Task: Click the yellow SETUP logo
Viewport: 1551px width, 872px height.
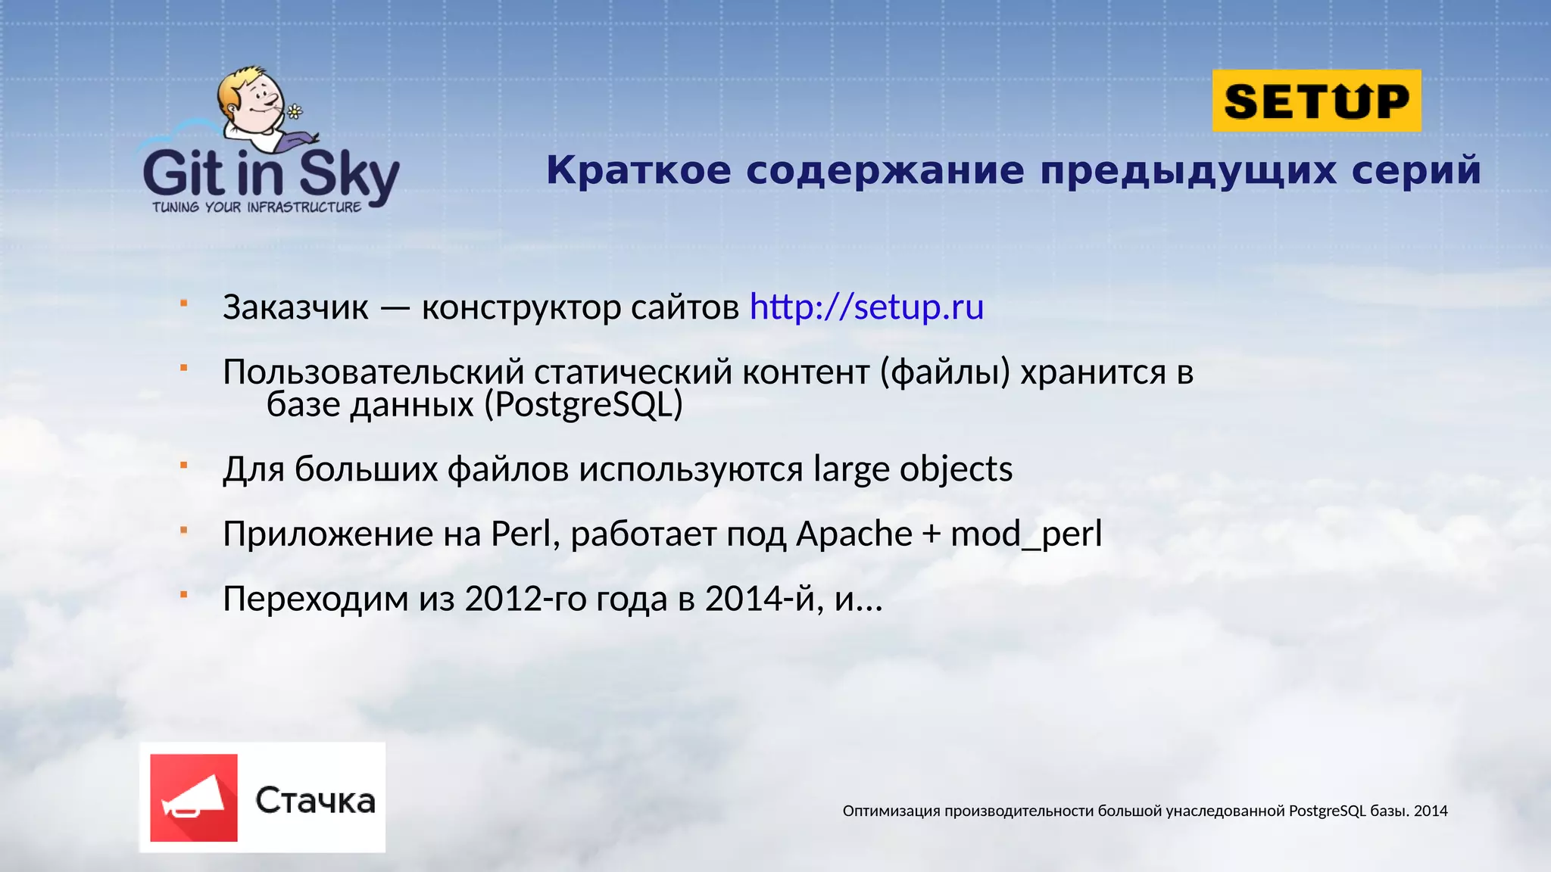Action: (x=1316, y=101)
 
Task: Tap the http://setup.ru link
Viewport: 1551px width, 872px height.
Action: (x=866, y=307)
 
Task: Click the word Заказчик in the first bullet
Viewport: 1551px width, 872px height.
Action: (x=295, y=307)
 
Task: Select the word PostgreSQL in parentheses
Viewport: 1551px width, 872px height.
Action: (x=583, y=405)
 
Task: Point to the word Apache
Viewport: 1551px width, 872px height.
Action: (x=854, y=534)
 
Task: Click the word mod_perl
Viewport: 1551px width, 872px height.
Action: (x=1026, y=534)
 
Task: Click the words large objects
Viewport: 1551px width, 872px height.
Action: (x=913, y=469)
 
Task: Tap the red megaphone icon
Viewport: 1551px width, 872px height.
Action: (x=194, y=798)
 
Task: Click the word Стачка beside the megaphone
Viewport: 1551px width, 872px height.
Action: (x=315, y=801)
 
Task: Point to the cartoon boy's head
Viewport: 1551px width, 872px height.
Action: (x=250, y=95)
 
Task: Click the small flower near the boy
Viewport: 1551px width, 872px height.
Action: (x=295, y=112)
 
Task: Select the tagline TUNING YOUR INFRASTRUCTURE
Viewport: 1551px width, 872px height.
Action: (x=257, y=207)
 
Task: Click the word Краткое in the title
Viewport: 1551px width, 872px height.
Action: (x=638, y=170)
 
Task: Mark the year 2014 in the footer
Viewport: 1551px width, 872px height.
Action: (x=1431, y=811)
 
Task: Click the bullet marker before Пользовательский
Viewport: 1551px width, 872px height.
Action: (x=183, y=368)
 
